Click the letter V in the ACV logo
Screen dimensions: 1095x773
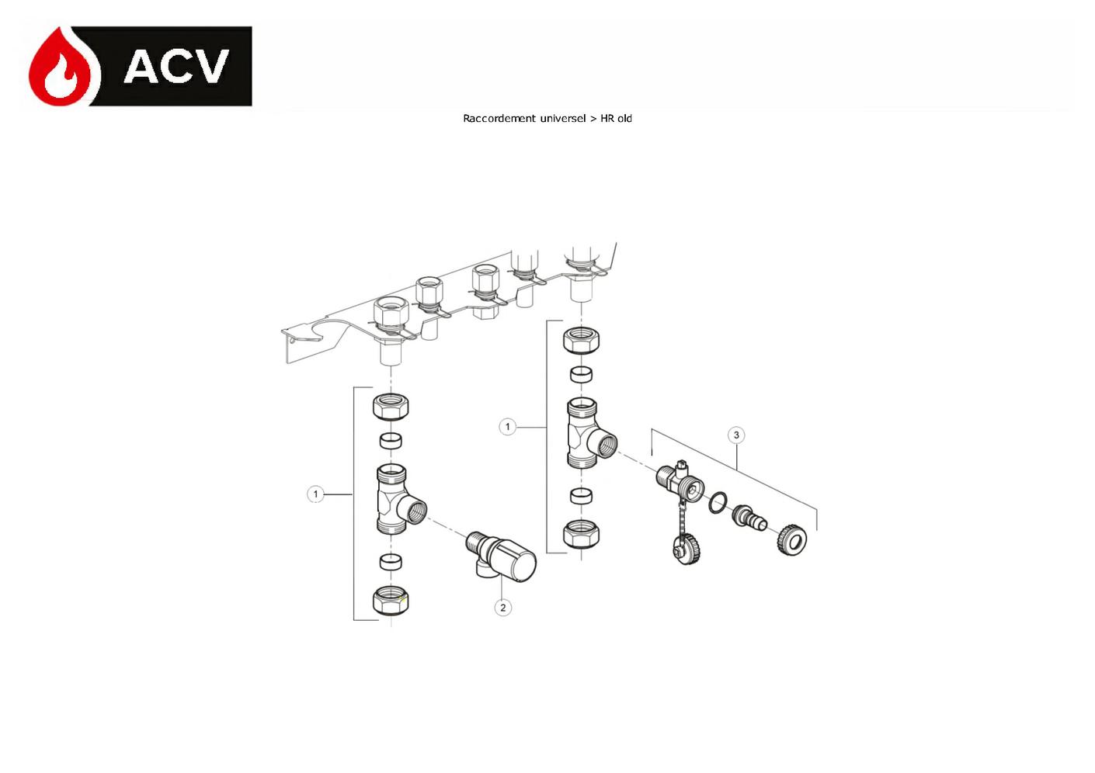(206, 66)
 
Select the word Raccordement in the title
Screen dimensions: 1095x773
(499, 118)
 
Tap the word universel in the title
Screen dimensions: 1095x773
(563, 118)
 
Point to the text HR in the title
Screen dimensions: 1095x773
(607, 118)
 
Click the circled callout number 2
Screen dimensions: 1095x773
(502, 608)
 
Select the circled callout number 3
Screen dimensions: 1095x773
(736, 435)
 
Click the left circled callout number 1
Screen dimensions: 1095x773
(315, 494)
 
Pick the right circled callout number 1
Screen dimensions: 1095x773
(507, 427)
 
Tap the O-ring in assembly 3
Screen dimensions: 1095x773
(718, 503)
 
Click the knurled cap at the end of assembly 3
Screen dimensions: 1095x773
(791, 539)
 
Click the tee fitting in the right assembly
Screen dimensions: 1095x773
(590, 432)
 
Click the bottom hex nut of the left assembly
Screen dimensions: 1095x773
(391, 601)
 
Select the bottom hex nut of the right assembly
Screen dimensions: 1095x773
(581, 535)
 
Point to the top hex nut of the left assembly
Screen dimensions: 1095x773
(391, 407)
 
